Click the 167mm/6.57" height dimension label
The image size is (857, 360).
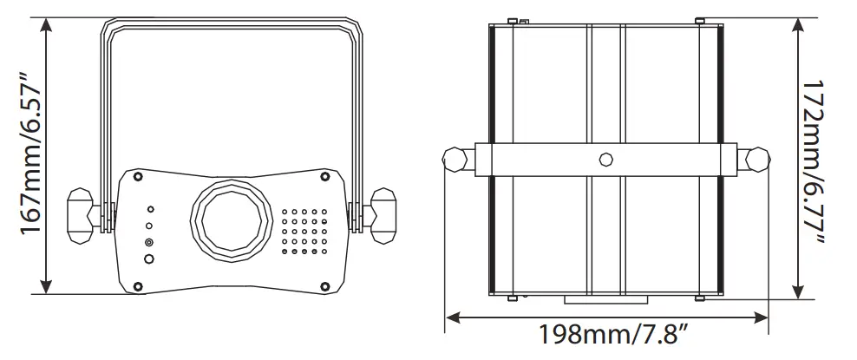click(28, 156)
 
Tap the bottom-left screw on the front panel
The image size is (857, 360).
click(138, 284)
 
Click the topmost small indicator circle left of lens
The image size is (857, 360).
click(150, 210)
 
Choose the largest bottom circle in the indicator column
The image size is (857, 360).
click(150, 259)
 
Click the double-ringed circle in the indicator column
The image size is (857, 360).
click(150, 242)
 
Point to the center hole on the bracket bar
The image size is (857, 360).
click(605, 160)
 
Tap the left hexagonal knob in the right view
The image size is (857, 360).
click(456, 160)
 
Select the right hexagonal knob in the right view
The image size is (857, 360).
click(756, 160)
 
